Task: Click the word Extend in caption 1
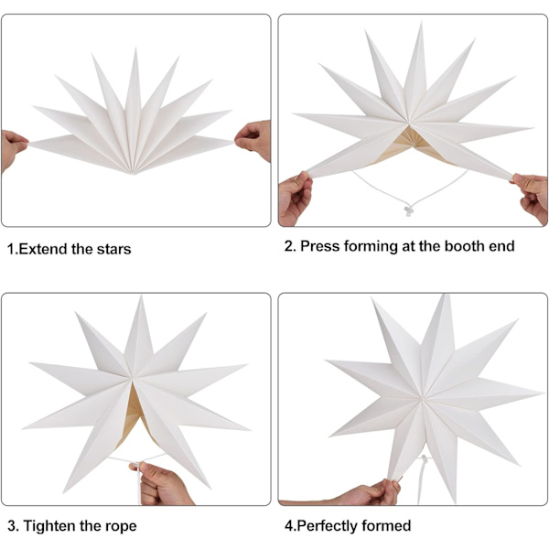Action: coord(43,249)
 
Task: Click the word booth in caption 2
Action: coord(465,246)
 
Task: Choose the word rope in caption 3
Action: coord(122,527)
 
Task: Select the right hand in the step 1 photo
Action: coord(254,139)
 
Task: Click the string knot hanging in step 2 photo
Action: coord(408,211)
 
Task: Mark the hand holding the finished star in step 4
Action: coord(368,493)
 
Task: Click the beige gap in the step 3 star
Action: coord(134,414)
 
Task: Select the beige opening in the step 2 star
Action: coord(412,145)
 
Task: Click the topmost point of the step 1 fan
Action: coord(135,49)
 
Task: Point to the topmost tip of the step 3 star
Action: coord(141,296)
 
